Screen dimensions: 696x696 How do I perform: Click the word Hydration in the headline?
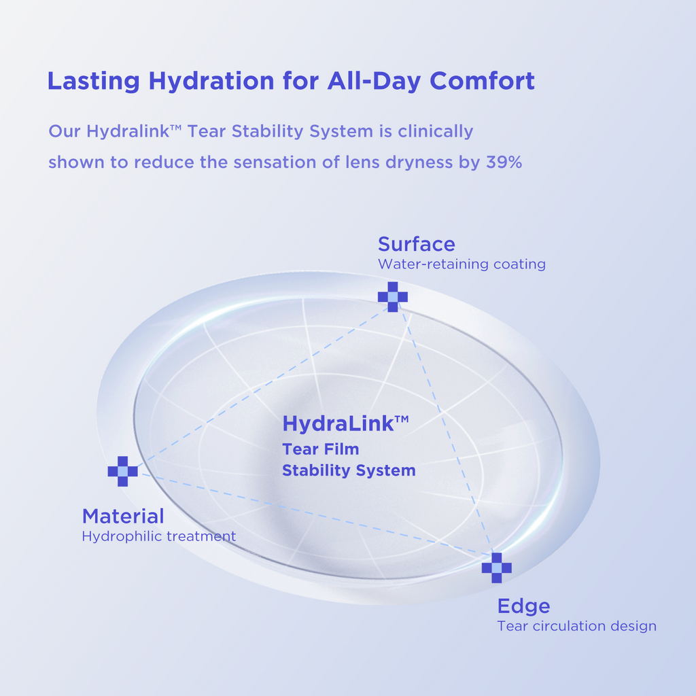[211, 82]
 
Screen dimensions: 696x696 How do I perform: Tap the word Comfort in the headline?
[482, 81]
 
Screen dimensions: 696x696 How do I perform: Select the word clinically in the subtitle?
[436, 132]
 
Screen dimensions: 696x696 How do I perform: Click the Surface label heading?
[417, 245]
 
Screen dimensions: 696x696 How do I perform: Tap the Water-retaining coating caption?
[462, 264]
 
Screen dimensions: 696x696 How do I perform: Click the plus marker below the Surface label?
[393, 296]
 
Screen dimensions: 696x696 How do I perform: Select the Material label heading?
[123, 517]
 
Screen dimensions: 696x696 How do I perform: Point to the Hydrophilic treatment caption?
[159, 536]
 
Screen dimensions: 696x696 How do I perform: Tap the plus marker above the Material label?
[123, 472]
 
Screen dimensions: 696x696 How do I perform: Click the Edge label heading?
[524, 607]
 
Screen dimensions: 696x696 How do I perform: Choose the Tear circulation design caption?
[576, 626]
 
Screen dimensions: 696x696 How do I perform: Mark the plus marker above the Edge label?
[497, 568]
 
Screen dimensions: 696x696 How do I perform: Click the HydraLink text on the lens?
[345, 423]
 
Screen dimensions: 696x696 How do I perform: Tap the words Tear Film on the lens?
[321, 449]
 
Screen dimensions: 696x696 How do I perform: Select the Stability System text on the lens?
[349, 470]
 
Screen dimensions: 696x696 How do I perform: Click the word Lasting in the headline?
[94, 82]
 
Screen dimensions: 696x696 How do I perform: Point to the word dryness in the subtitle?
[419, 163]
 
